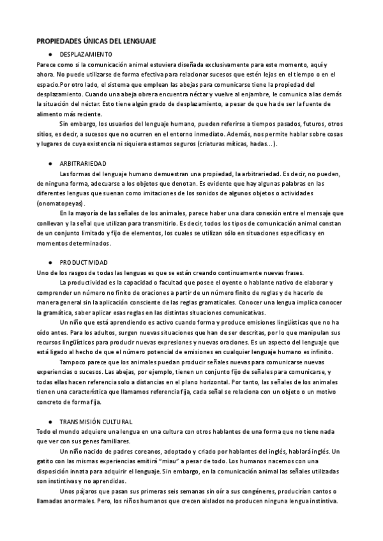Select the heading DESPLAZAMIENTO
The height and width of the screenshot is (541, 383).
click(x=86, y=54)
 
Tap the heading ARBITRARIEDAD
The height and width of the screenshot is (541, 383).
click(x=84, y=164)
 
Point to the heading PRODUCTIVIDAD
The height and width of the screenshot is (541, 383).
click(x=84, y=262)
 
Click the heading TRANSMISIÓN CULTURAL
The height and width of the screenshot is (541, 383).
click(x=96, y=422)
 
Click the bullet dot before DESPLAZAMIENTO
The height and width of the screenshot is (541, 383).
click(x=50, y=54)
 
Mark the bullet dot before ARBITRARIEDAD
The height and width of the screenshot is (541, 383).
click(x=50, y=164)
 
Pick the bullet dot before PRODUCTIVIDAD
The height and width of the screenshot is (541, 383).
click(x=50, y=262)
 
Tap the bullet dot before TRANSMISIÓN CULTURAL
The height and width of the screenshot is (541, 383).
click(x=50, y=422)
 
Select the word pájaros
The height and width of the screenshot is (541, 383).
click(x=88, y=491)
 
